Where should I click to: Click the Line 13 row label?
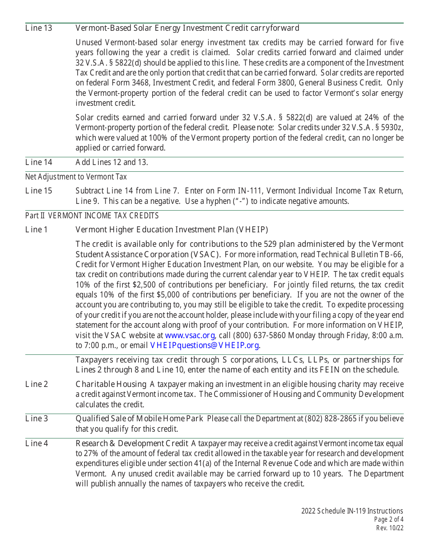(x=39, y=28)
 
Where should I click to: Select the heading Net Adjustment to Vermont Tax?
(x=76, y=177)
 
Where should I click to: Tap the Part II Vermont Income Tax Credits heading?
(x=92, y=216)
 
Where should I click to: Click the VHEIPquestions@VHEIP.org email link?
(x=205, y=345)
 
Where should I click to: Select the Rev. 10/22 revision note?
(x=390, y=528)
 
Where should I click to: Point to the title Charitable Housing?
(x=111, y=384)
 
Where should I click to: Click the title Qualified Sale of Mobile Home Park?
(x=139, y=419)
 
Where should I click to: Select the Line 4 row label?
(x=37, y=443)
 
